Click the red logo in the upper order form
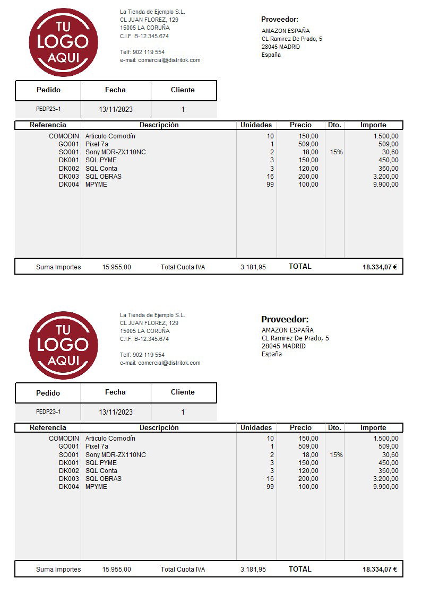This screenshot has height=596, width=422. coord(63,42)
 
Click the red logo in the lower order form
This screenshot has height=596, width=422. coord(63,345)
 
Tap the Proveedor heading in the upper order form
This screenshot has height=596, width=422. coord(279,20)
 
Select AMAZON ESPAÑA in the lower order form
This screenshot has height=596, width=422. coord(287,330)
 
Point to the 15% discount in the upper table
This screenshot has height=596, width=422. coord(336,152)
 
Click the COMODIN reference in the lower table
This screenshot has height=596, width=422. coord(64,439)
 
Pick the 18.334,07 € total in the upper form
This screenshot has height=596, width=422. coord(380,267)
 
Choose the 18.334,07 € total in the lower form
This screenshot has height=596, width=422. coord(380,569)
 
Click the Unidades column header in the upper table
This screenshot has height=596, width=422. coord(256,125)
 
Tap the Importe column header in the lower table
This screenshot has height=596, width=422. coord(373,428)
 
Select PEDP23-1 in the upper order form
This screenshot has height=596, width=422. coord(48,109)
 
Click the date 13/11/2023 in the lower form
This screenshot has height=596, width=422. coord(116,412)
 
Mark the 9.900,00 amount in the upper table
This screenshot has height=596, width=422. coord(385,185)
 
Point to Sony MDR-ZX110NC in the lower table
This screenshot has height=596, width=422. coord(115,455)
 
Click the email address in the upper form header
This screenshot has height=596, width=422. coord(160,60)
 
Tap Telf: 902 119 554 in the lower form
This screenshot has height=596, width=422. coord(142,355)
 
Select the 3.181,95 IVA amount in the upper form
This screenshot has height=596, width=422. coord(253,267)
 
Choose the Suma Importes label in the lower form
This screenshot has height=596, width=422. coord(58,569)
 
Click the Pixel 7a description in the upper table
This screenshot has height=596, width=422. coord(97,144)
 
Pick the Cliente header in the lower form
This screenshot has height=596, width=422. coord(183,392)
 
